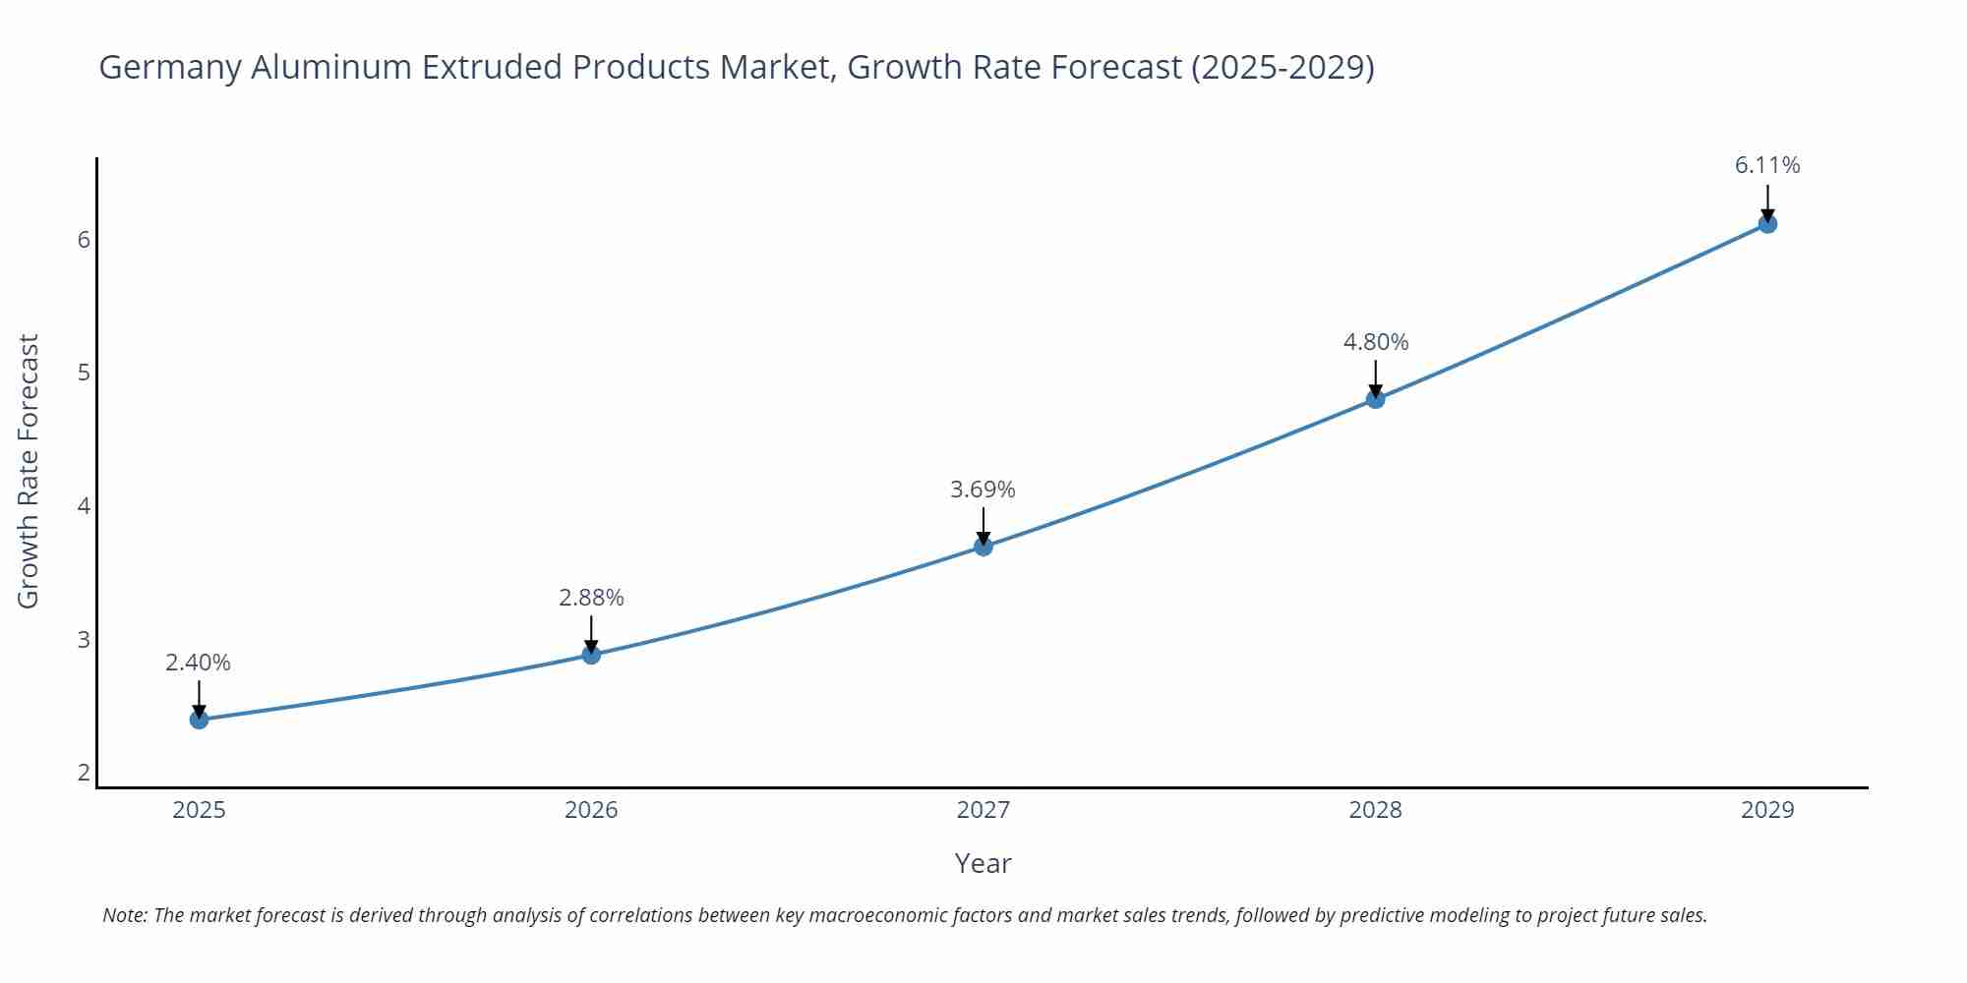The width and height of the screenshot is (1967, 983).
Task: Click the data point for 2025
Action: (x=199, y=720)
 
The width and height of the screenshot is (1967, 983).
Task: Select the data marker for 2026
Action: (x=591, y=655)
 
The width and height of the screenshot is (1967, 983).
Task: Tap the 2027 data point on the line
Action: (x=983, y=547)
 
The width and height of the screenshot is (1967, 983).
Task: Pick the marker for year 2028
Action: (x=1376, y=398)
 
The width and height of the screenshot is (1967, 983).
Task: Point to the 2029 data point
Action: (x=1767, y=224)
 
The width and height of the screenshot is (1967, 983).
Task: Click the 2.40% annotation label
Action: (x=198, y=663)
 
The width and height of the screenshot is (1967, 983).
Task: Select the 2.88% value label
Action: (x=591, y=598)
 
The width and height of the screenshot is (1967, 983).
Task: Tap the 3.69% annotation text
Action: (x=983, y=490)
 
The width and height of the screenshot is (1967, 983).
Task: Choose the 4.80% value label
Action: (x=1376, y=342)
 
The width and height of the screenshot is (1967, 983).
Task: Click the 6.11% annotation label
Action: (x=1767, y=165)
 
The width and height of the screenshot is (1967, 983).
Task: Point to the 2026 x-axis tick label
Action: (x=591, y=810)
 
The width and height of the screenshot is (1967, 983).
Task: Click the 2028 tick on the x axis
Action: (x=1376, y=810)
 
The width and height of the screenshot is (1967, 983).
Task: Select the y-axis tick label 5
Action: (x=84, y=373)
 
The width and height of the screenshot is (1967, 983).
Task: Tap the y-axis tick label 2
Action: (x=84, y=773)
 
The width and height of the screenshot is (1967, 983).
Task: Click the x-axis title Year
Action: (x=983, y=863)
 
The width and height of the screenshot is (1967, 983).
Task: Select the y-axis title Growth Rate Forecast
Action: (x=29, y=471)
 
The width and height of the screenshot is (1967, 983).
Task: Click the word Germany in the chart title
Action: (x=171, y=67)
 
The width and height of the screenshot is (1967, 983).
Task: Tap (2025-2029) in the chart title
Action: (x=1282, y=67)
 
